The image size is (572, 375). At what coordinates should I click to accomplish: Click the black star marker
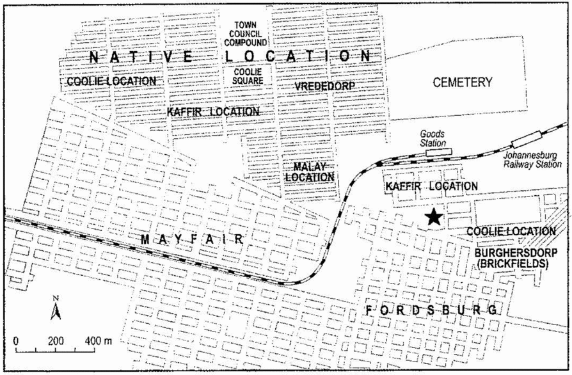(434, 217)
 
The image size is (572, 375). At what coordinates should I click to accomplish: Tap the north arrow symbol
(56, 310)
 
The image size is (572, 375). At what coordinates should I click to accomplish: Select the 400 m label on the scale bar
(97, 339)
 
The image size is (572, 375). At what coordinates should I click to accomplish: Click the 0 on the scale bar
(15, 339)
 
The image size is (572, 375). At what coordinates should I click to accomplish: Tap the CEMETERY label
(462, 82)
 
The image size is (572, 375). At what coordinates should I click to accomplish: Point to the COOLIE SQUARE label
(245, 77)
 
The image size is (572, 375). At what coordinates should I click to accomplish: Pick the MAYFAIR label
(191, 239)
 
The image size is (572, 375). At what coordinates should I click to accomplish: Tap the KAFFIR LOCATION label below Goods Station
(431, 186)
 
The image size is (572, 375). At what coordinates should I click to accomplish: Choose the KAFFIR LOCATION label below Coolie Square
(213, 111)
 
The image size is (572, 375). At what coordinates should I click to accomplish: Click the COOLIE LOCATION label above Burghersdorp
(511, 230)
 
